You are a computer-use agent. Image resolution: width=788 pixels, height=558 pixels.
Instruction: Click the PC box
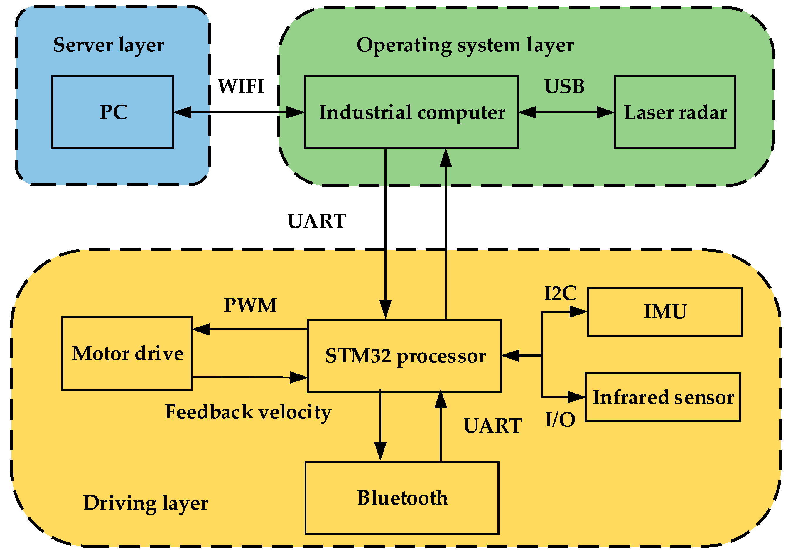113,112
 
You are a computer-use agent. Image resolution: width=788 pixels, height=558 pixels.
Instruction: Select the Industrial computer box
411,112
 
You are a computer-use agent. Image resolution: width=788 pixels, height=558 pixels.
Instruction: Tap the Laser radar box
675,112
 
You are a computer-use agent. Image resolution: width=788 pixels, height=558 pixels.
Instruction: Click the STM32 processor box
404,356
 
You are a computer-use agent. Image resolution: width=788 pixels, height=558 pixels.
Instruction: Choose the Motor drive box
127,354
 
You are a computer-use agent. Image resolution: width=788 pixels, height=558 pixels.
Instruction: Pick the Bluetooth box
402,498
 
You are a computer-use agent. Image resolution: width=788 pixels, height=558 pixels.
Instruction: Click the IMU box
665,312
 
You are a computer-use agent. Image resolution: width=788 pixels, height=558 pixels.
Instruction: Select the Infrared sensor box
663,397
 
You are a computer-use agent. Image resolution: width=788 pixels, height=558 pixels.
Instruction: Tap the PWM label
250,305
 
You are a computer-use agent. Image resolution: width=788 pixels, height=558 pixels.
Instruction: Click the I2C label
560,293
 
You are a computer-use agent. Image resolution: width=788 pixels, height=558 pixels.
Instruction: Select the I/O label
560,420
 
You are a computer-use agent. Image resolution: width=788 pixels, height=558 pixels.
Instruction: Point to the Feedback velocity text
248,412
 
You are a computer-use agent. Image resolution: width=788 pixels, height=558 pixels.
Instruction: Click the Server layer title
109,45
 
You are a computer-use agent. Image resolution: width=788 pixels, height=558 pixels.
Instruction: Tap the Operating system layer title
465,45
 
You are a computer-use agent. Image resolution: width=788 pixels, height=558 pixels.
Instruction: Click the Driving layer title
146,503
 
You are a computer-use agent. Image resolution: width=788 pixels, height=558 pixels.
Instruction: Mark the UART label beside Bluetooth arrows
493,426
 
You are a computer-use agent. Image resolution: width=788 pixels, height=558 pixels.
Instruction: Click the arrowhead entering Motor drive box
200,330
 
